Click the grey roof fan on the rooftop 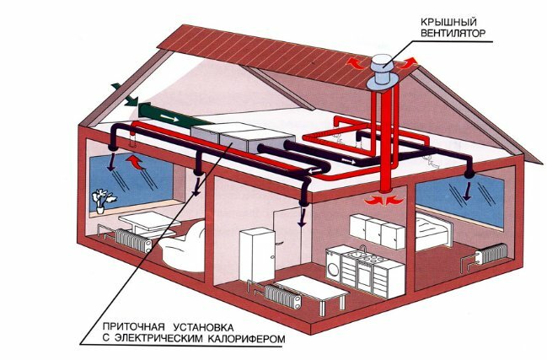pos(382,62)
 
